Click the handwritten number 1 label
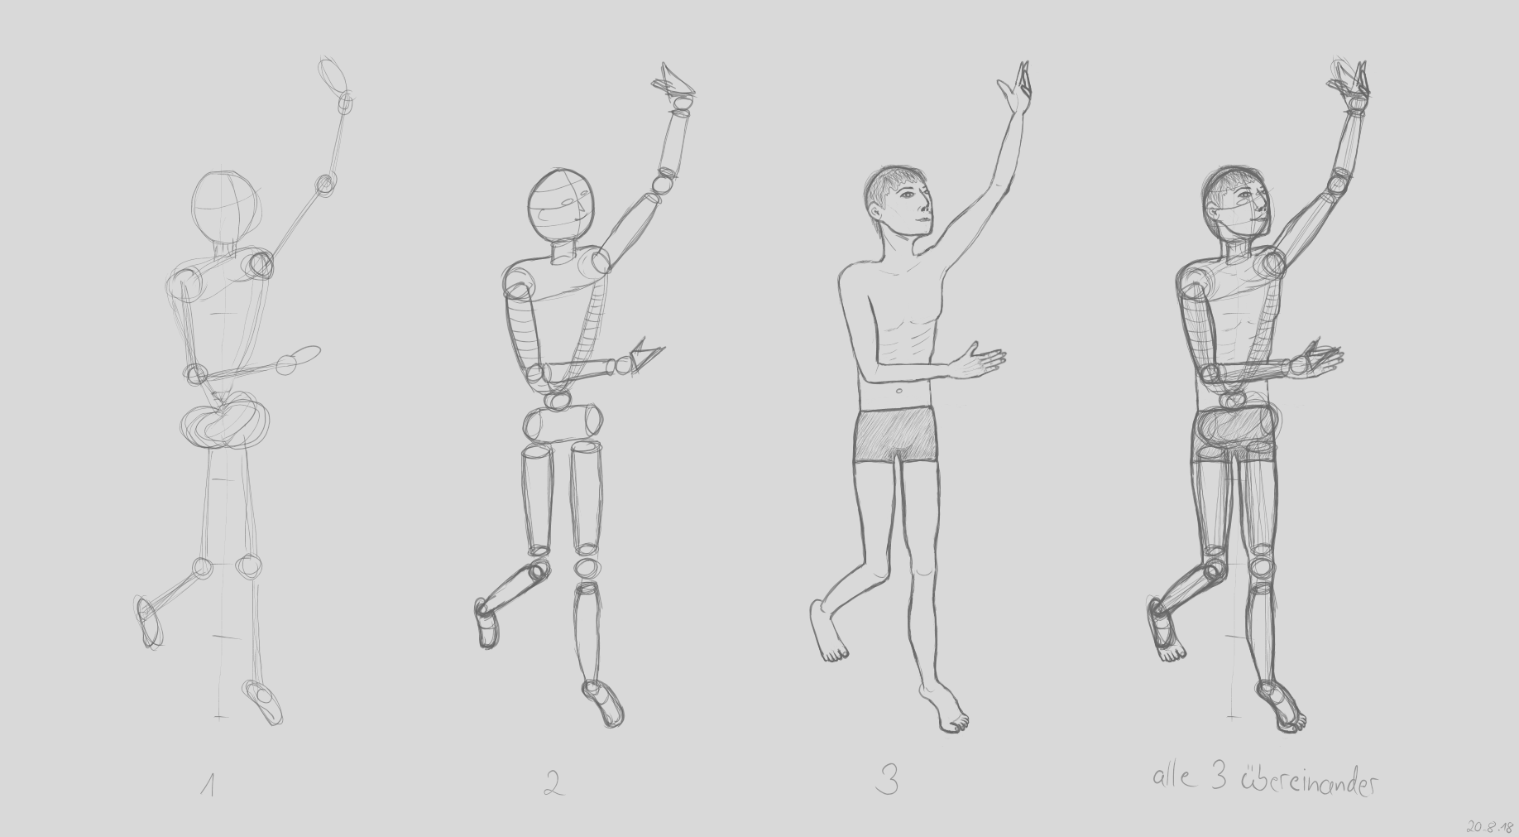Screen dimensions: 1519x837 pos(208,784)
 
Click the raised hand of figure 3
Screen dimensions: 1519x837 pos(1014,92)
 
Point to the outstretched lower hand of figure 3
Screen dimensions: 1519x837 pos(980,361)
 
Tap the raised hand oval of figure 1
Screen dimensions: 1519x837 pos(333,75)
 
